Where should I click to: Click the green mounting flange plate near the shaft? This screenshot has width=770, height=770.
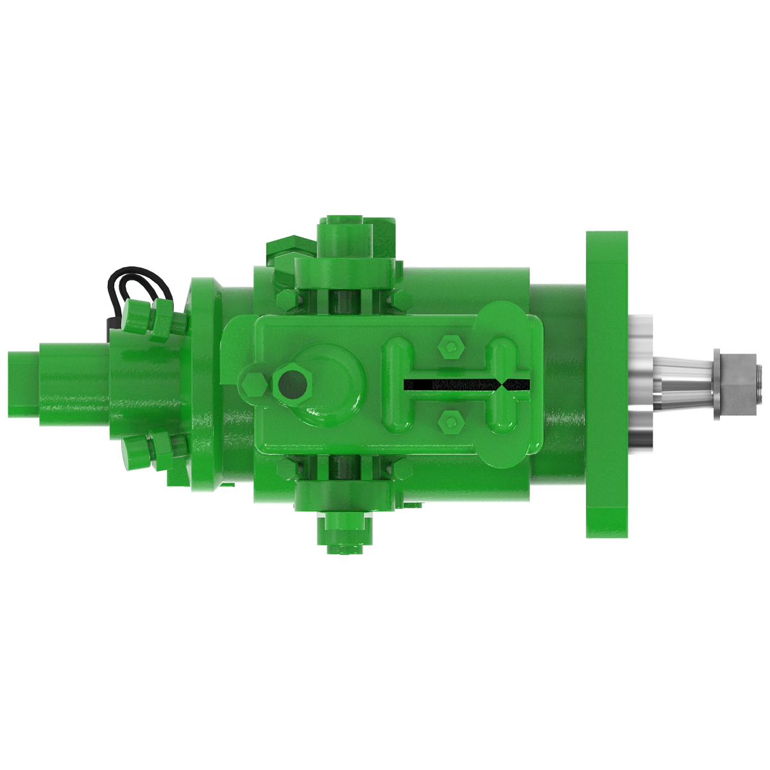point(606,384)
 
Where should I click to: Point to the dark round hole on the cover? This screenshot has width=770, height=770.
point(293,384)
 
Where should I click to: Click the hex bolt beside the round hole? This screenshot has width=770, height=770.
point(254,385)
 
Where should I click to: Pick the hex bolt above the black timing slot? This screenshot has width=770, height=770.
point(450,348)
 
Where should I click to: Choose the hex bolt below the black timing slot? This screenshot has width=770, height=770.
point(450,421)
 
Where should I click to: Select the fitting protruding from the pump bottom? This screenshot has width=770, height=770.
point(345,533)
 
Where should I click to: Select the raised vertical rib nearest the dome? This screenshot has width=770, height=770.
point(397,384)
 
